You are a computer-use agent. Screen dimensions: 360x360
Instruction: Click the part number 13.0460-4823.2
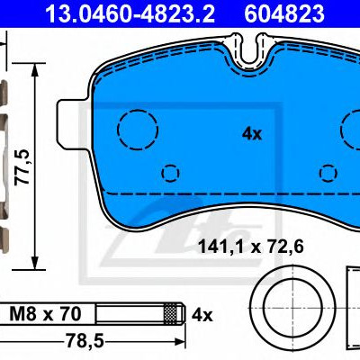[130, 13]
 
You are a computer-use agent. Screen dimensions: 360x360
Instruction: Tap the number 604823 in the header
[284, 13]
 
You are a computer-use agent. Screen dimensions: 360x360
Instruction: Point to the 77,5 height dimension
[22, 166]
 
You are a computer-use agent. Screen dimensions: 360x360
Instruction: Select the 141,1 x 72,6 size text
[251, 247]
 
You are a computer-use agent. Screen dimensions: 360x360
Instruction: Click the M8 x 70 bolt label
[45, 314]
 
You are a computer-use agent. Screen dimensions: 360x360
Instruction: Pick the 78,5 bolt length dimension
[85, 340]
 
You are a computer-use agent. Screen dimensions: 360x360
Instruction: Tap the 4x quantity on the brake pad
[252, 134]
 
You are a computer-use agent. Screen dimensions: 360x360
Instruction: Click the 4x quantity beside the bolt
[202, 316]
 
